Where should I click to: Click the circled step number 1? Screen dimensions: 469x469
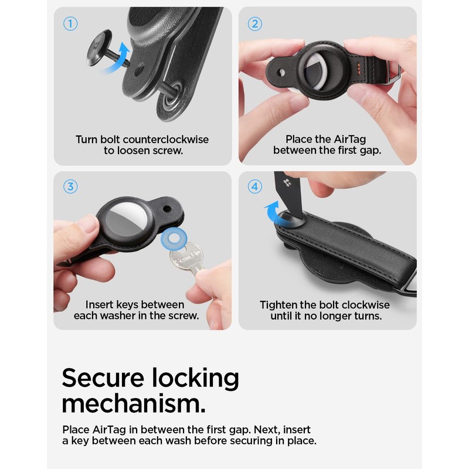pyautogui.click(x=70, y=24)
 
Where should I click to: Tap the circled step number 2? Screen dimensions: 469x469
pyautogui.click(x=254, y=24)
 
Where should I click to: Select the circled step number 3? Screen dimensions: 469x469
pyautogui.click(x=70, y=187)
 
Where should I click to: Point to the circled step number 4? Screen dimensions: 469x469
pyautogui.click(x=254, y=187)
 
